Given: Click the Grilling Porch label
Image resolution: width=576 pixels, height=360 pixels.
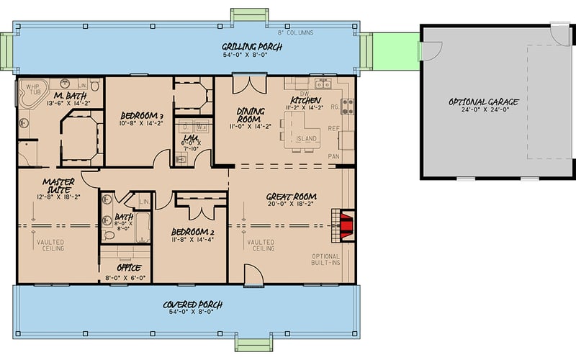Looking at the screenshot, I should coord(251,48).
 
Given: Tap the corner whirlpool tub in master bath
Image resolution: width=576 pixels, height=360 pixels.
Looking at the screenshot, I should coord(33,94).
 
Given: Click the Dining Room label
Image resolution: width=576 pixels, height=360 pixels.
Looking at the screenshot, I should coord(252,115).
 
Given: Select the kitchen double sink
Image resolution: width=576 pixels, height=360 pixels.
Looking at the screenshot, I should coord(323,84).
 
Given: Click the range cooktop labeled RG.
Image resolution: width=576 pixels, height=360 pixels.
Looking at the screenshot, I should coord(347,107).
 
